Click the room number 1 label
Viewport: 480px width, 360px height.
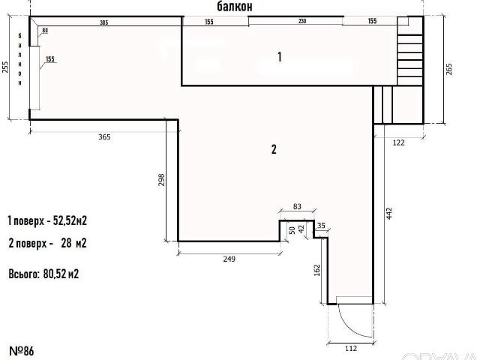(280, 57)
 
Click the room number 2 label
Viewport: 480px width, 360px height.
(274, 149)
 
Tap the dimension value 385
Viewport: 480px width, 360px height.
(104, 22)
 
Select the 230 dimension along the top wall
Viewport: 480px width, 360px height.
(302, 21)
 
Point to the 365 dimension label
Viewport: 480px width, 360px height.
(104, 137)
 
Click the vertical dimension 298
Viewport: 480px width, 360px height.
(162, 180)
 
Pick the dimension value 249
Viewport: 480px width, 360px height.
(229, 259)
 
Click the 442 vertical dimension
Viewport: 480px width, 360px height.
(389, 213)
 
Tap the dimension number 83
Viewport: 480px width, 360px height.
(297, 207)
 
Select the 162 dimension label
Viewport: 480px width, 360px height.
(317, 270)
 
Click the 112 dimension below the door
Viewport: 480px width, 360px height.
(351, 348)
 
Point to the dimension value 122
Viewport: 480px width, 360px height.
(398, 142)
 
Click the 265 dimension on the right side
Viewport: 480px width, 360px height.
(448, 70)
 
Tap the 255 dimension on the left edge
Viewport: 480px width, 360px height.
(5, 67)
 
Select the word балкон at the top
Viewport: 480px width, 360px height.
(235, 7)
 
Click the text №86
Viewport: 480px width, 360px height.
(22, 351)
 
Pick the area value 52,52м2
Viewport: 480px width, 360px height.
(70, 220)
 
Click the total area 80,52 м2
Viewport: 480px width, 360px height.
(61, 274)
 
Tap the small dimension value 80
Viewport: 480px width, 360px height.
(45, 31)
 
